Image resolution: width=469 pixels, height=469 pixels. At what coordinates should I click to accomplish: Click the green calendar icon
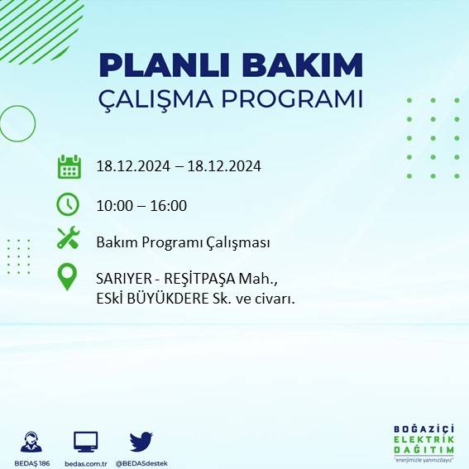[69, 166]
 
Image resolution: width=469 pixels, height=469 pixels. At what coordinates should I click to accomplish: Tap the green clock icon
[68, 204]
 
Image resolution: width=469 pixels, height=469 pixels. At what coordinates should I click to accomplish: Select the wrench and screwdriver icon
[68, 239]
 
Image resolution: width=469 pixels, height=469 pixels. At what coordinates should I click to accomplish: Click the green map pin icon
[68, 277]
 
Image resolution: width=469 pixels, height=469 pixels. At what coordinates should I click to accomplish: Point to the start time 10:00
[113, 205]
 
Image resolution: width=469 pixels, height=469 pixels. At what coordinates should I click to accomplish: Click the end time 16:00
[169, 205]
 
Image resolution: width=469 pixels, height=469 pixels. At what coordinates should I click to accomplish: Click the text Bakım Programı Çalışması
[183, 242]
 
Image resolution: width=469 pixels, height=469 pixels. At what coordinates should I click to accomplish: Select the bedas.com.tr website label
[86, 462]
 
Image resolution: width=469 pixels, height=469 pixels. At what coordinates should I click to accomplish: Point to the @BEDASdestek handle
[141, 462]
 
